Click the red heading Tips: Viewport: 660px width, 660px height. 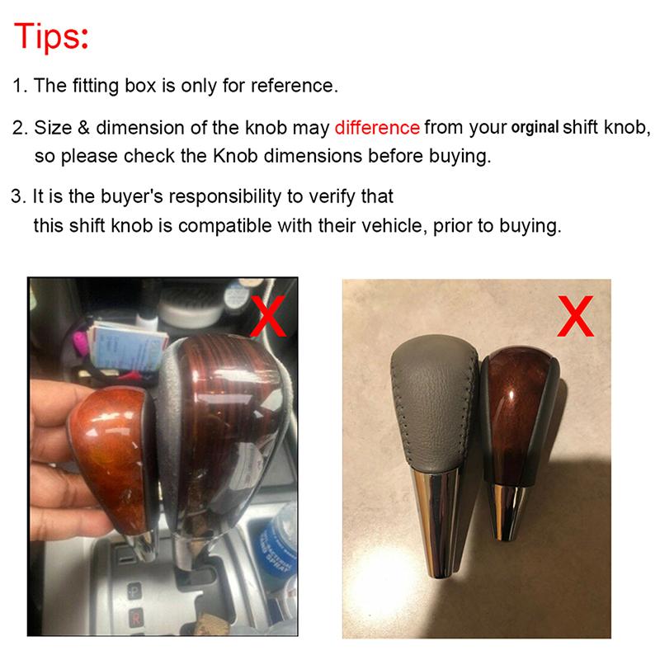pyautogui.click(x=51, y=36)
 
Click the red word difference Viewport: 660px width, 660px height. pyautogui.click(x=377, y=128)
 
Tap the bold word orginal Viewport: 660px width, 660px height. pyautogui.click(x=535, y=128)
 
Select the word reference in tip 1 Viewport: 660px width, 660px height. pyautogui.click(x=295, y=86)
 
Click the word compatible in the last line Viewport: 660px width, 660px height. pyautogui.click(x=224, y=225)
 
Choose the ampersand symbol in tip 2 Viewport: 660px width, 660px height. pyautogui.click(x=84, y=128)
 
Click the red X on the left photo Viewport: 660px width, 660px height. pyautogui.click(x=268, y=315)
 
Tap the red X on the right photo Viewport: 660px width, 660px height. pyautogui.click(x=575, y=316)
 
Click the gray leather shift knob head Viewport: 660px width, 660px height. pyautogui.click(x=435, y=402)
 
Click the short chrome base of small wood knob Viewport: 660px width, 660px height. pyautogui.click(x=511, y=511)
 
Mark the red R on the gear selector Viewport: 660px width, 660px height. pyautogui.click(x=135, y=619)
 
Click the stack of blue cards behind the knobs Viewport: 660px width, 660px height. pyautogui.click(x=126, y=347)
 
